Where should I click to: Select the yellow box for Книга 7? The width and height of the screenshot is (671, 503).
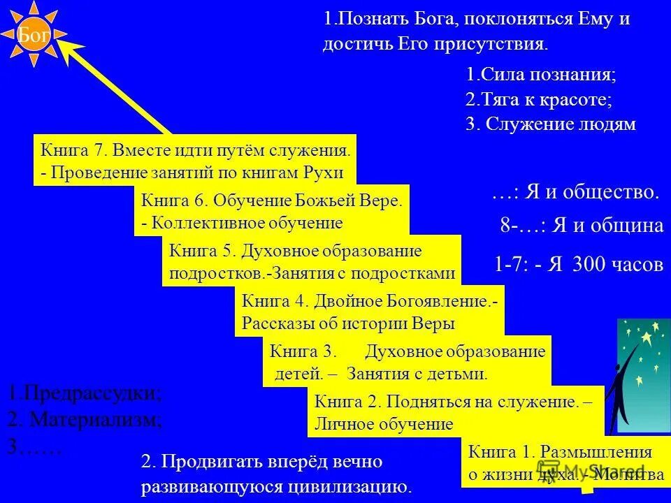coord(194,161)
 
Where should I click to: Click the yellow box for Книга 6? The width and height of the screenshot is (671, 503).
coord(272,212)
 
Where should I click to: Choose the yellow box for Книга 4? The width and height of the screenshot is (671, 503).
coord(369,312)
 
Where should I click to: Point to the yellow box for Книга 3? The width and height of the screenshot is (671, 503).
coord(406,362)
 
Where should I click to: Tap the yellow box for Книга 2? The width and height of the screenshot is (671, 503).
coord(455,411)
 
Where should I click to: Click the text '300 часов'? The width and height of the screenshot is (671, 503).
coord(618,265)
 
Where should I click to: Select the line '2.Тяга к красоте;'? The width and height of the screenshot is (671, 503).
coord(538,99)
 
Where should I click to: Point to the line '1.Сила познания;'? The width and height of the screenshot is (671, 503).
coord(540,74)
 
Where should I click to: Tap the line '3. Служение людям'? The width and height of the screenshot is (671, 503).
coord(550,124)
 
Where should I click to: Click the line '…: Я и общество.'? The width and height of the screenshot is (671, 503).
coord(575,192)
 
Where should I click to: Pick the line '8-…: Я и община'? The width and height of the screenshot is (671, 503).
coord(582,225)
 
